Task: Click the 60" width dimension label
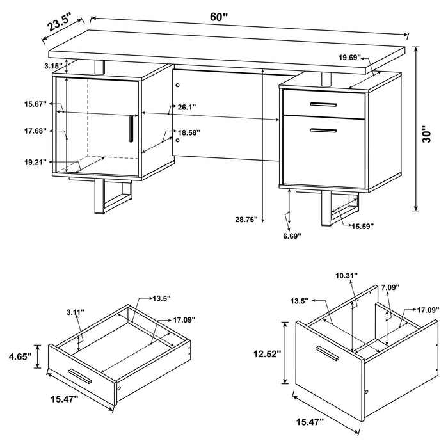tap(219, 17)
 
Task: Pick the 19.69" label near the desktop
tap(350, 57)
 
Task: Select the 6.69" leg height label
tap(291, 236)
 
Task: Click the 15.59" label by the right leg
tap(362, 225)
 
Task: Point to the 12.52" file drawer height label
tap(267, 354)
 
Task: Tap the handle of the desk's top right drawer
tap(324, 103)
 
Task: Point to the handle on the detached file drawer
tap(327, 353)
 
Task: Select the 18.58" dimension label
tap(189, 132)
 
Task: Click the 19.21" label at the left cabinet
tap(36, 163)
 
